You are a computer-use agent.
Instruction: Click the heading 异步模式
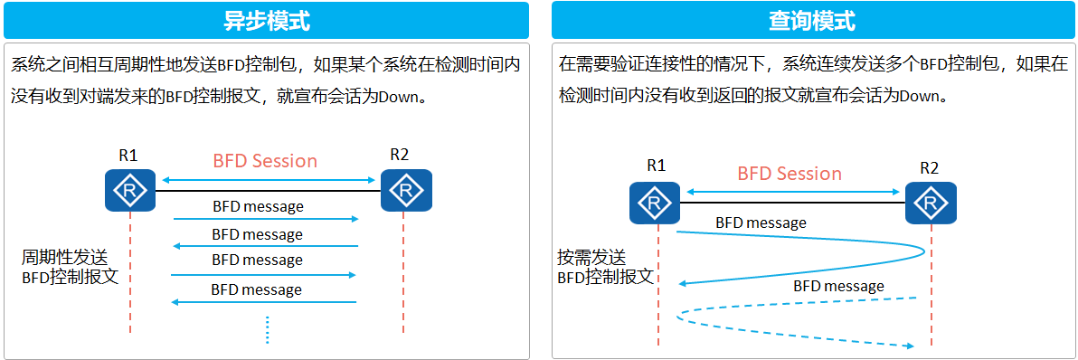click(266, 20)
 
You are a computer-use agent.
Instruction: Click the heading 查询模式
click(812, 20)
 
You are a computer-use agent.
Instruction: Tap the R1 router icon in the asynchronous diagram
click(130, 191)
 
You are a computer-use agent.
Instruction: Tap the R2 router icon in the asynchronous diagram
click(406, 191)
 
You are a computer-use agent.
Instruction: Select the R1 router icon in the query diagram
click(655, 203)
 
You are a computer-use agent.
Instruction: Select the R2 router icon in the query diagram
click(931, 203)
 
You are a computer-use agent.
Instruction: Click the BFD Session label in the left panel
click(265, 161)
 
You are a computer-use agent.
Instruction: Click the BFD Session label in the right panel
click(790, 174)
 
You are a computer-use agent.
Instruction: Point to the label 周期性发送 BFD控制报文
click(71, 268)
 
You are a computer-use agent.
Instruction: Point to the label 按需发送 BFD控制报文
click(605, 268)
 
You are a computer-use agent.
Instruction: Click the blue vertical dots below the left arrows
click(268, 329)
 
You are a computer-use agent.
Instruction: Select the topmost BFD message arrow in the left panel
click(265, 219)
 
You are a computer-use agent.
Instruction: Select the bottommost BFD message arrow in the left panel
click(265, 303)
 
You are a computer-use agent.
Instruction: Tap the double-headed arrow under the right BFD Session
click(793, 191)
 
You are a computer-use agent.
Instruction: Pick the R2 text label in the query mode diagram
click(929, 167)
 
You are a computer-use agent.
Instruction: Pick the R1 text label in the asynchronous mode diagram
click(128, 155)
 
